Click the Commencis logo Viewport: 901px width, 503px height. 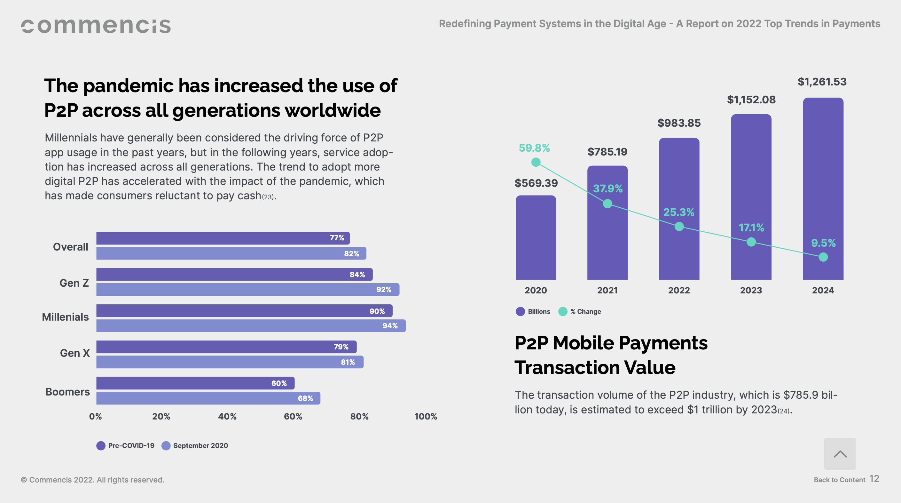tap(96, 26)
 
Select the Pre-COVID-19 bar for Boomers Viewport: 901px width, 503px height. tap(195, 383)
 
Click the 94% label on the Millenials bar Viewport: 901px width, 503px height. tap(390, 326)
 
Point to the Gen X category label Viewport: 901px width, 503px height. tap(74, 353)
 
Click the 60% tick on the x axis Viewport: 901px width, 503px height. tap(293, 417)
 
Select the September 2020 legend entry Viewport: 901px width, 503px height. tap(195, 446)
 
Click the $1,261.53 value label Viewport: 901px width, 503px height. tap(822, 82)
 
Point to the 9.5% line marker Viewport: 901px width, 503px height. tap(823, 257)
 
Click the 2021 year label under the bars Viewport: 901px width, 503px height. tap(607, 291)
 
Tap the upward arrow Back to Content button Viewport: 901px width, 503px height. tap(840, 454)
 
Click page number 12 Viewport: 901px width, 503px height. tap(874, 479)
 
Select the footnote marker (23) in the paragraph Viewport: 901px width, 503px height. tap(268, 197)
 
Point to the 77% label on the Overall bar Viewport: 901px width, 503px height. tap(336, 238)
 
